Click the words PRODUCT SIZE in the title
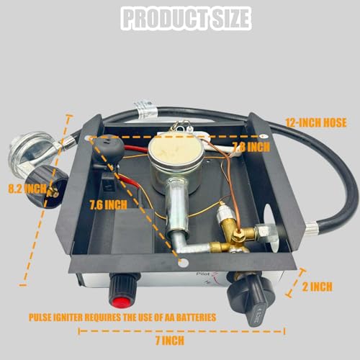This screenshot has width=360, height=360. coord(179,17)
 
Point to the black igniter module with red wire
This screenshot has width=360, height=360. coord(108,149)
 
